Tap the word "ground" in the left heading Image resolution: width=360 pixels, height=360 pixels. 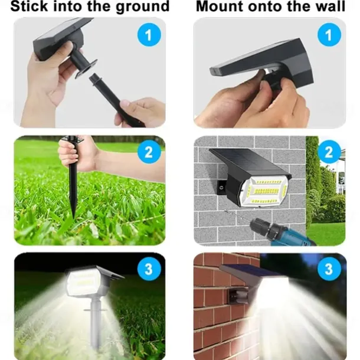coord(143,7)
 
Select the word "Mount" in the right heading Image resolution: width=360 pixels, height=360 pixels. coord(220,6)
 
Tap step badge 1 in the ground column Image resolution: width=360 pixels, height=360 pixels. coord(149,35)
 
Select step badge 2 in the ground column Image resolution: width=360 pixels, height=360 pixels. coord(149,152)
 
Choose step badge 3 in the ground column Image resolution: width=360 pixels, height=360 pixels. coord(149,269)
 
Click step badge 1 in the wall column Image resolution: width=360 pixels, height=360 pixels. coord(329,35)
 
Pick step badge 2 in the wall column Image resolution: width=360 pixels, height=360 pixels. coord(329,152)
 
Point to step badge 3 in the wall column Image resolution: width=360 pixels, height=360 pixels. coord(329,269)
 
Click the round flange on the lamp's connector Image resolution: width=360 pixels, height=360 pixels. coord(86,68)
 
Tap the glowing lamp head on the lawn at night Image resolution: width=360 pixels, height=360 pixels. coord(83,282)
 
